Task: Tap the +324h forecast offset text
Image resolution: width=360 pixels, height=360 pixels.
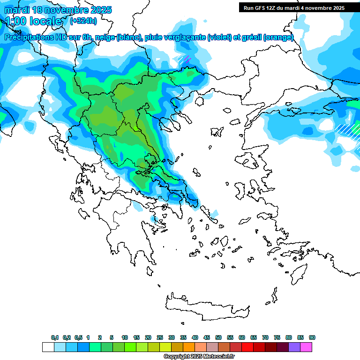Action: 83,21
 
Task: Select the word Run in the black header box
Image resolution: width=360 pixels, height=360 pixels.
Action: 248,8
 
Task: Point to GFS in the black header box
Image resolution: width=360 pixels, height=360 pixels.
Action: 261,8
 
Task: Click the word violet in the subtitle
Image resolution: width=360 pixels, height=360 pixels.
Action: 219,37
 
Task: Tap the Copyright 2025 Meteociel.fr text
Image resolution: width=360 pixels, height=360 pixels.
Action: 199,356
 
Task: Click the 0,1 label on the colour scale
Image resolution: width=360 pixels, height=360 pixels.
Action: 55,337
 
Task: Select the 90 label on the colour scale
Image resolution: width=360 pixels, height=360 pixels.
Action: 312,337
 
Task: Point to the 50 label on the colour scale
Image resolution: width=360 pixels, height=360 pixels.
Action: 218,337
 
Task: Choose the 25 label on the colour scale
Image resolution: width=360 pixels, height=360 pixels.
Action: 160,337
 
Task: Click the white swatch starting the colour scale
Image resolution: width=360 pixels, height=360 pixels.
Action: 48,347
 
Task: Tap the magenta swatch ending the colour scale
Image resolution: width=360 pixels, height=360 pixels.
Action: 306,347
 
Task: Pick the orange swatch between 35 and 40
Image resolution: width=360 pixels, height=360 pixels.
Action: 189,347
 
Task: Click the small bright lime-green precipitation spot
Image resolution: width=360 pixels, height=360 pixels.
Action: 135,127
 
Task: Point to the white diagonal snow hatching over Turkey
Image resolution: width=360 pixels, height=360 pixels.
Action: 346,128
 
